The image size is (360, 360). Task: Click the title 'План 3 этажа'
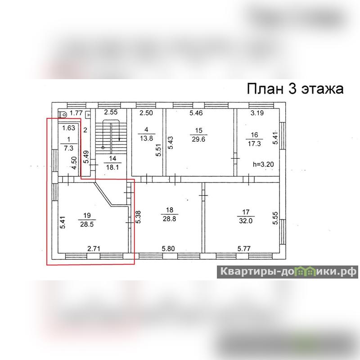[x=295, y=89]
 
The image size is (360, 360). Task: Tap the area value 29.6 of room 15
[x=198, y=139]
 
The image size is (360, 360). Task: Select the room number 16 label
[x=254, y=135]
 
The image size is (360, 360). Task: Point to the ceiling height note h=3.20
[x=263, y=164]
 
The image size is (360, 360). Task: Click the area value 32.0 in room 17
[x=246, y=221]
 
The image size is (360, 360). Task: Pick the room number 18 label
[x=170, y=210]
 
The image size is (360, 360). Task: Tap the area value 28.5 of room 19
[x=87, y=224]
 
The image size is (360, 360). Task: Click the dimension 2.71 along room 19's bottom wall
[x=94, y=249]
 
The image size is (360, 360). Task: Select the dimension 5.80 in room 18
[x=168, y=249]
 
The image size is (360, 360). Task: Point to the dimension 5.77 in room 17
[x=244, y=249]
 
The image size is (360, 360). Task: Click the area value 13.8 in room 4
[x=147, y=139]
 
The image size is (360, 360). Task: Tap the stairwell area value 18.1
[x=112, y=167]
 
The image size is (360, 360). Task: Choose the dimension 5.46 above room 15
[x=196, y=113]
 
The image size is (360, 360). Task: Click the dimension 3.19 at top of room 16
[x=257, y=113]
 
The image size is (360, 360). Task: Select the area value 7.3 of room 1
[x=68, y=148]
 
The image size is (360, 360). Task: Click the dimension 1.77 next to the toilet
[x=76, y=113]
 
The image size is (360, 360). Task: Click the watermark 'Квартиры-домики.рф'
[x=288, y=272]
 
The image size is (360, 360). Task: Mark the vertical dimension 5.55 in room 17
[x=275, y=218]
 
